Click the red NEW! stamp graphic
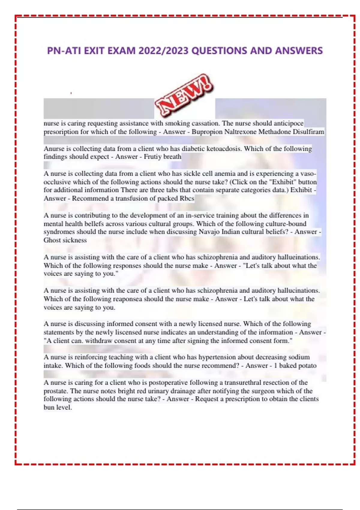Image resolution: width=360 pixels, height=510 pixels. click(x=184, y=96)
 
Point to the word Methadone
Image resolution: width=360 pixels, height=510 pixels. click(x=274, y=132)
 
